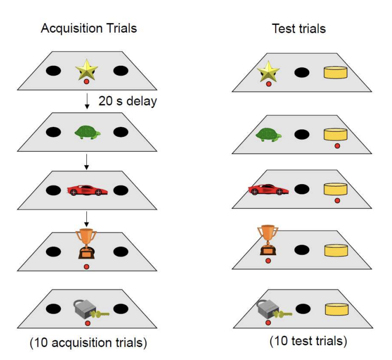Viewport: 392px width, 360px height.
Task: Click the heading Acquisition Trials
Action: [x=89, y=28]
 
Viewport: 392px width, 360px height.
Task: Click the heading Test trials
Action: [x=299, y=28]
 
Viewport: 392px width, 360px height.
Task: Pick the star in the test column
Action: [x=268, y=71]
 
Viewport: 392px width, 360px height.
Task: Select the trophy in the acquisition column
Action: [x=86, y=244]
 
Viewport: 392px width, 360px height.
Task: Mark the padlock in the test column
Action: [x=270, y=310]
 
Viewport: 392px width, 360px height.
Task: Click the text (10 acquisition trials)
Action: [x=87, y=343]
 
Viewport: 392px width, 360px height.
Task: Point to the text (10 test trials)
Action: [x=308, y=341]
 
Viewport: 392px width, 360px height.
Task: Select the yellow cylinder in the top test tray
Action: [x=336, y=72]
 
